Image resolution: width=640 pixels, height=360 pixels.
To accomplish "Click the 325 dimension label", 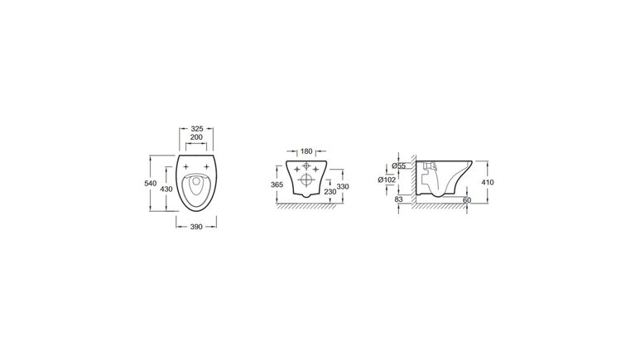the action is [x=197, y=128].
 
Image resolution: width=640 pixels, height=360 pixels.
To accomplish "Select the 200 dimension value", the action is [x=196, y=137].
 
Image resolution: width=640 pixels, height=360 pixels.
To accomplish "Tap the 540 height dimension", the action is [x=151, y=183].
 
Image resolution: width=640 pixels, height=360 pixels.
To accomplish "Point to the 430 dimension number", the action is [x=166, y=189].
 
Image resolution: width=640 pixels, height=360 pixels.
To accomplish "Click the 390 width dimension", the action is [x=196, y=227].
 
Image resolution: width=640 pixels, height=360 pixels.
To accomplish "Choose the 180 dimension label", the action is [x=306, y=151].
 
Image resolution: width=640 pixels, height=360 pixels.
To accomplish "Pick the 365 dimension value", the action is [x=277, y=185].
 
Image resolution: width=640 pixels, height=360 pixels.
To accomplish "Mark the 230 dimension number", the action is [x=330, y=191].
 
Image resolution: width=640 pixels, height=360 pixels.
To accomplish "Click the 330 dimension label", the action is [x=343, y=186].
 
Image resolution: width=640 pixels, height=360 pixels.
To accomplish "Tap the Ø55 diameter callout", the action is [x=398, y=166].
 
